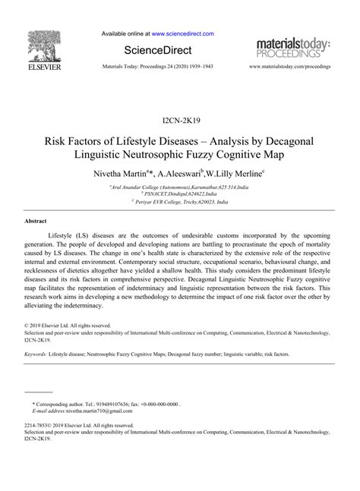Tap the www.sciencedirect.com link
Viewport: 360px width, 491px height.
click(182, 33)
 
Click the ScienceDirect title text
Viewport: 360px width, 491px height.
click(158, 49)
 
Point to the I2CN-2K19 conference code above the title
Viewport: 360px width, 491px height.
click(180, 121)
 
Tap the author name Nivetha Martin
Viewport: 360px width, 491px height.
click(125, 173)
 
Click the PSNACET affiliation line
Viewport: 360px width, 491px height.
click(179, 195)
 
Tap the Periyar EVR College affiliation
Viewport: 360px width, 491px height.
click(179, 203)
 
